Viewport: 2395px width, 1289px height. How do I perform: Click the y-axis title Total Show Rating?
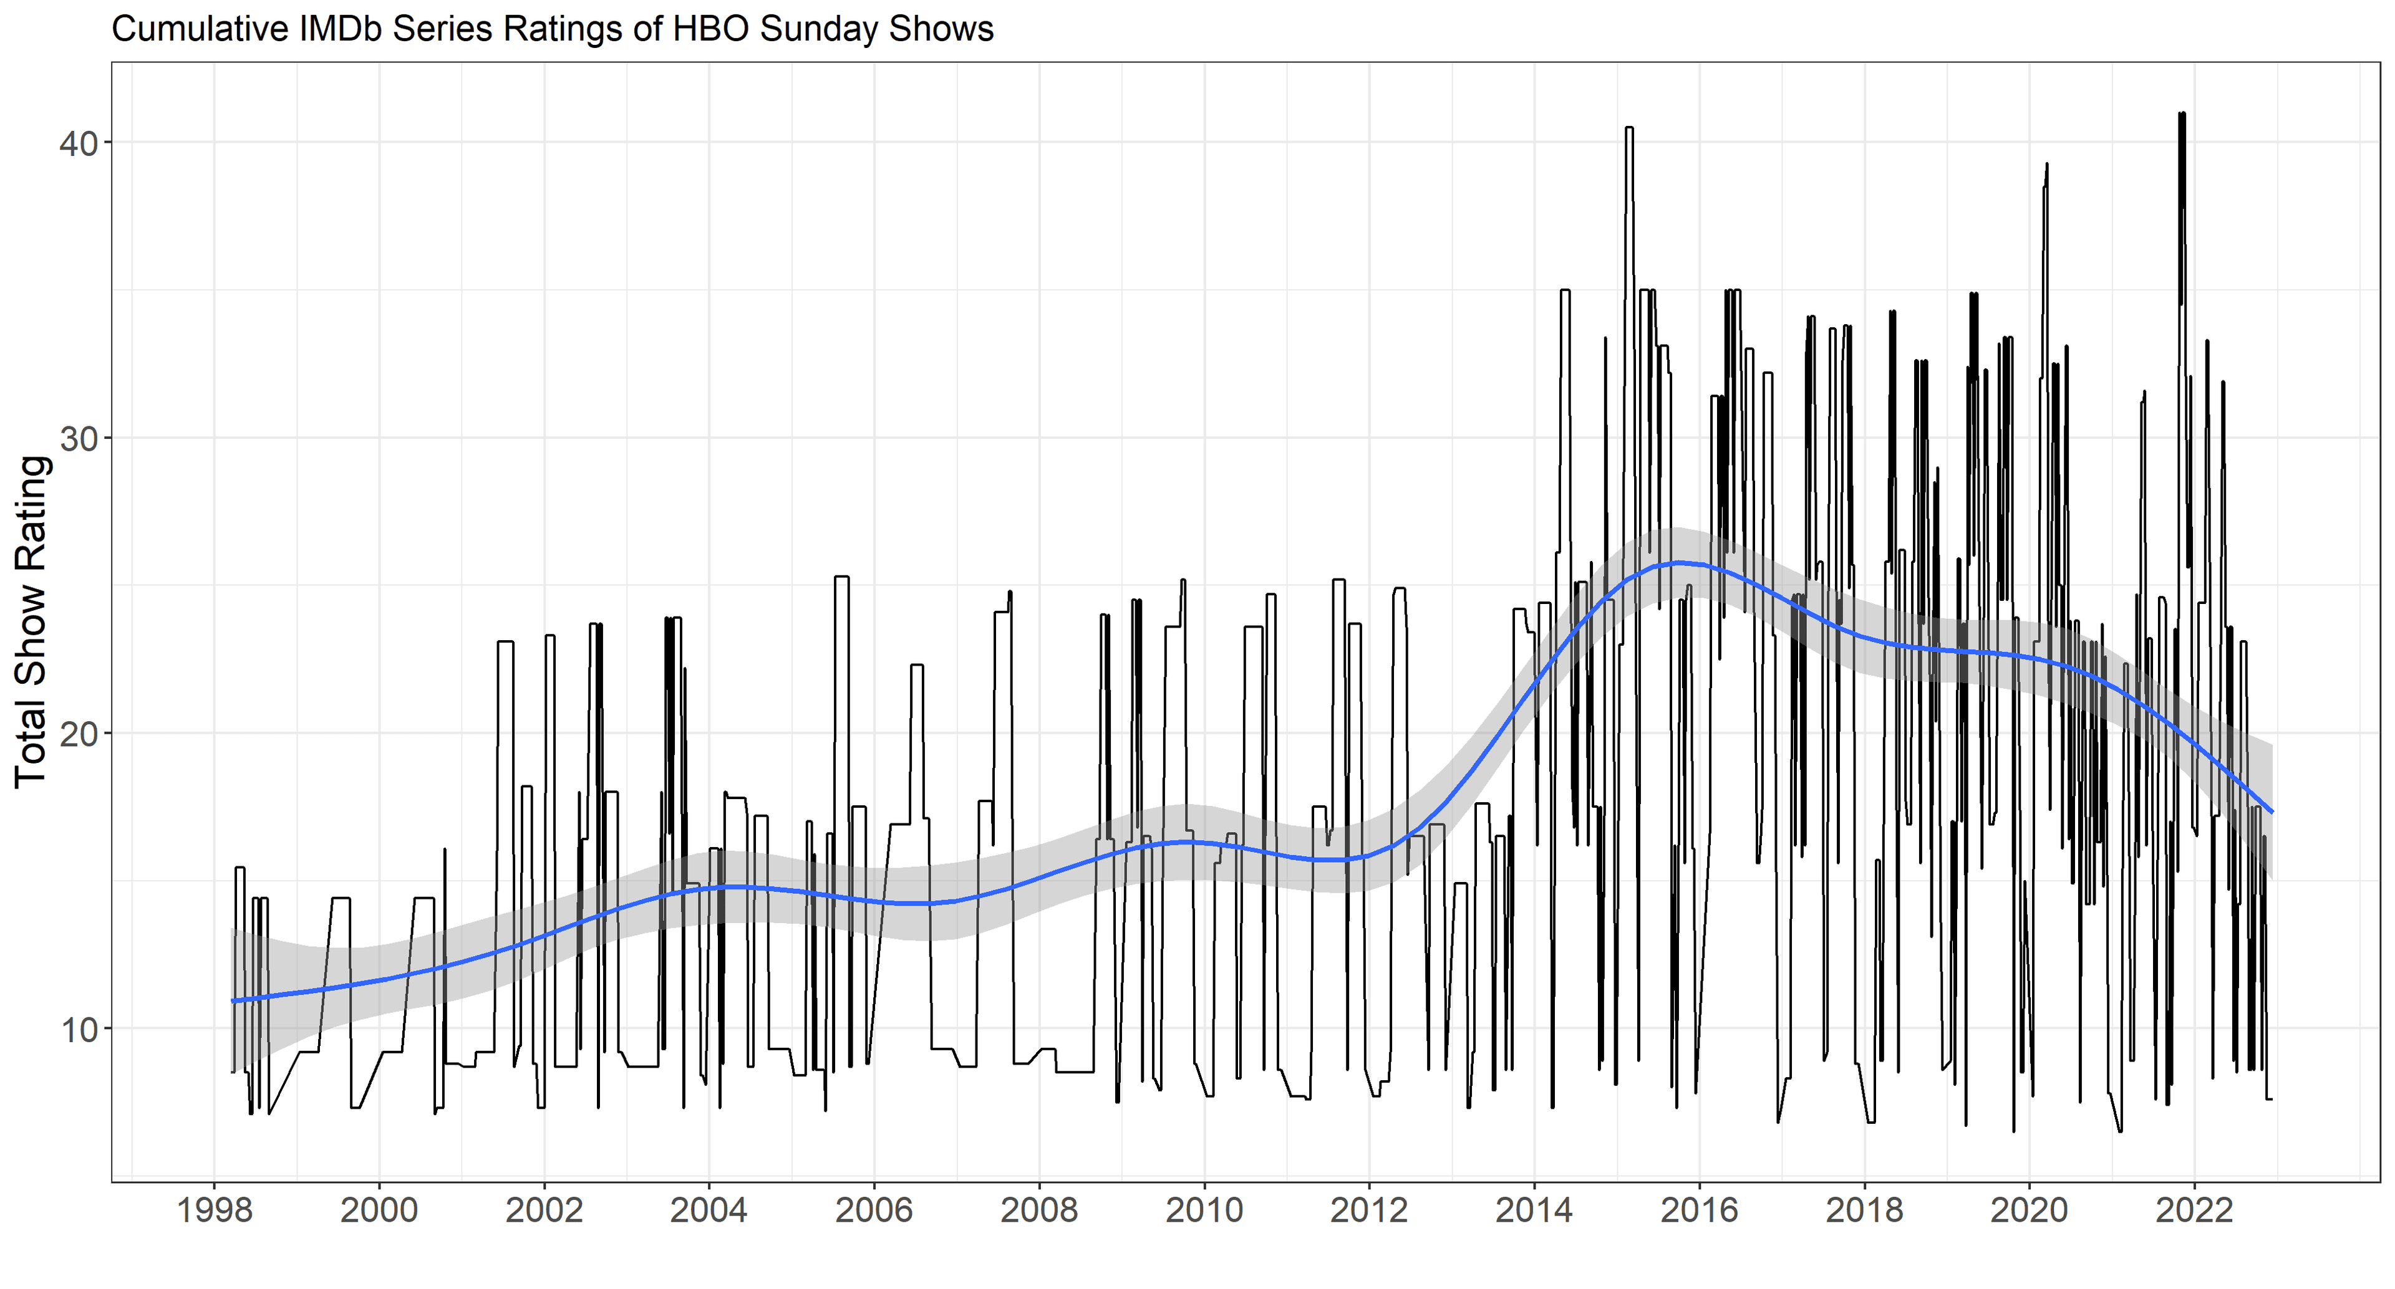point(32,621)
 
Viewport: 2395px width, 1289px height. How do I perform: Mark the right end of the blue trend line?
point(2272,812)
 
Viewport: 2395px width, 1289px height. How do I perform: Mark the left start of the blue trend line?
point(233,1001)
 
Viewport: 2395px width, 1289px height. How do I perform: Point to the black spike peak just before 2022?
point(2181,114)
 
